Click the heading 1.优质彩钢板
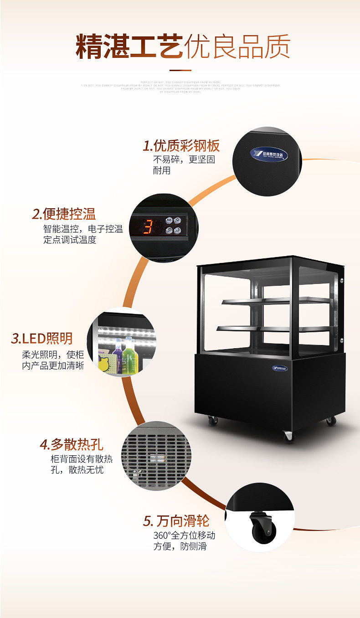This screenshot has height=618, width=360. coord(181,146)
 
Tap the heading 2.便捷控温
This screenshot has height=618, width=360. coord(64,214)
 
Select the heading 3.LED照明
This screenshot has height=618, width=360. coord(42,338)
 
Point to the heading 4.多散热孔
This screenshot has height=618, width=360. coord(72,444)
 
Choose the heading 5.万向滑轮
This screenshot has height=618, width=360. coord(177,520)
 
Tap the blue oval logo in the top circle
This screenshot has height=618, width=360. coord(269,154)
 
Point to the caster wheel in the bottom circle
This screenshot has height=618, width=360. coord(261,526)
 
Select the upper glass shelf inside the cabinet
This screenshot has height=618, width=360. coord(276,301)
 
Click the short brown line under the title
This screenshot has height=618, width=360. coord(180,70)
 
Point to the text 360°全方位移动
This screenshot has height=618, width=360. coord(184,535)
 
